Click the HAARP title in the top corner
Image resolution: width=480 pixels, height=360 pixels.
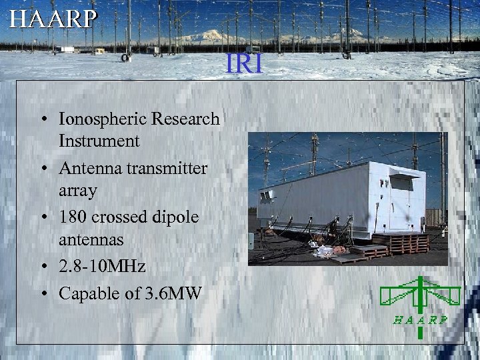[x=53, y=19]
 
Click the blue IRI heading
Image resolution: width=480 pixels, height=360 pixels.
[x=245, y=64]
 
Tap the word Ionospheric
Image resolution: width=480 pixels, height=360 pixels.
[x=103, y=119]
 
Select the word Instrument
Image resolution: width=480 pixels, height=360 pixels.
[x=99, y=141]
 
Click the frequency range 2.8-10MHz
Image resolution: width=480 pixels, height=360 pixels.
[x=102, y=267]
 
